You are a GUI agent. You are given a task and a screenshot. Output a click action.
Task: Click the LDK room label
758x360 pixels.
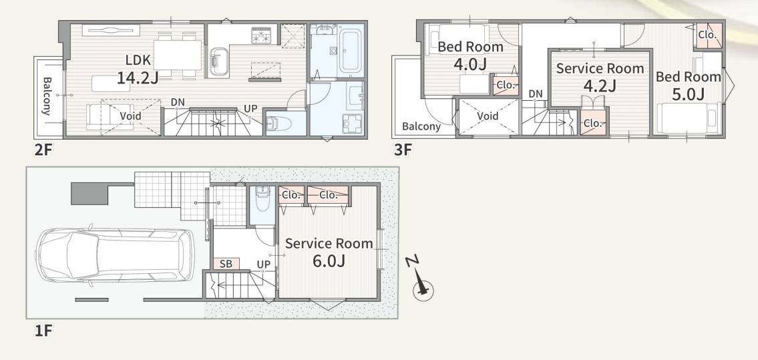(x=138, y=60)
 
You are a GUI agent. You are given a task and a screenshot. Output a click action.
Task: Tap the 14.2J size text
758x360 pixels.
(x=138, y=77)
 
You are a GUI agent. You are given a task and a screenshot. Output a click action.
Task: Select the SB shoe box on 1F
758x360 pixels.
(x=226, y=264)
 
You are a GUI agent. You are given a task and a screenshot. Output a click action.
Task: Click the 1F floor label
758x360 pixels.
(x=43, y=331)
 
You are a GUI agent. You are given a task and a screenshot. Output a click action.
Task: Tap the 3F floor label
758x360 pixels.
(x=403, y=150)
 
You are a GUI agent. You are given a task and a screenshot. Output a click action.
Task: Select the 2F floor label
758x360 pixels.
(x=43, y=150)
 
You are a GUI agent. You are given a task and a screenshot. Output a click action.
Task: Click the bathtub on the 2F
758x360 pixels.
(x=351, y=50)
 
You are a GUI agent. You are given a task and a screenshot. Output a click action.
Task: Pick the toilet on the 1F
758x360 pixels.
(x=262, y=200)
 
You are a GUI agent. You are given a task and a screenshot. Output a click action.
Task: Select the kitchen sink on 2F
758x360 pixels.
(x=220, y=62)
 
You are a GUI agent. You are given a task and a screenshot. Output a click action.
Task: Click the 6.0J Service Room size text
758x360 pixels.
(x=329, y=261)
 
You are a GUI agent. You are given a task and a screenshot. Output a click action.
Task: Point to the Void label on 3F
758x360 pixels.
(x=488, y=116)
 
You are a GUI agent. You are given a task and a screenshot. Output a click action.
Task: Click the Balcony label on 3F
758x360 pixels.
(x=421, y=127)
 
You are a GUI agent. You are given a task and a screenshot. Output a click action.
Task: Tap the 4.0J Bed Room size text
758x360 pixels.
(x=470, y=64)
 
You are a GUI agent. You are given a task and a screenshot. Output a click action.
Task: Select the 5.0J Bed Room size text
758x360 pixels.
(x=688, y=94)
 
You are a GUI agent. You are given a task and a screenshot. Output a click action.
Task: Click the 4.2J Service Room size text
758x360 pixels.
(x=600, y=85)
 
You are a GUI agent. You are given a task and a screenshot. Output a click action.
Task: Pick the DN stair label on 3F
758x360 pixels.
(x=535, y=94)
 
